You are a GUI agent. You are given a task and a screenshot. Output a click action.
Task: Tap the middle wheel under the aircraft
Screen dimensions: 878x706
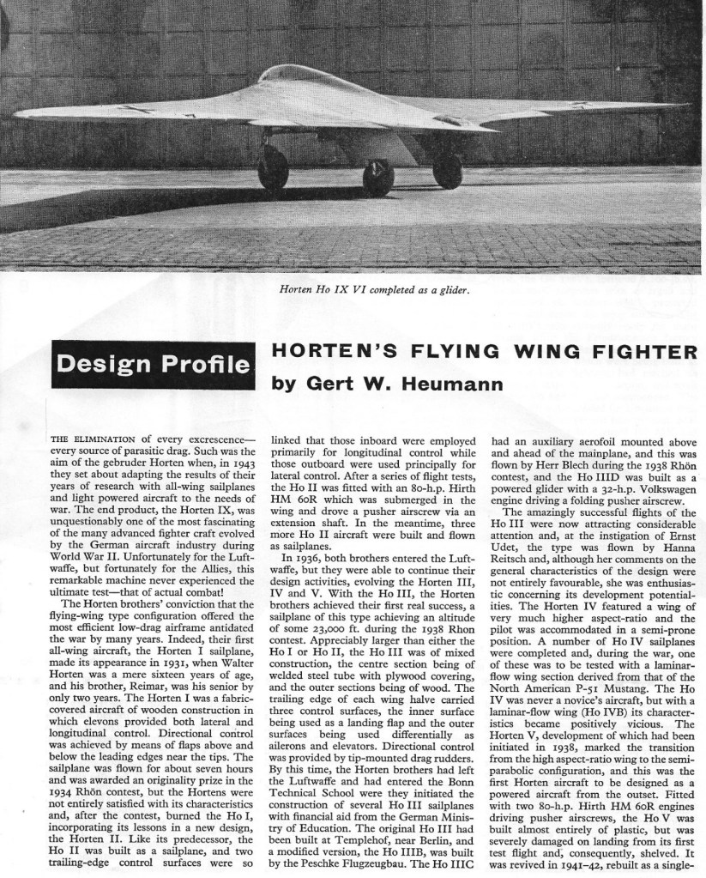pos(377,176)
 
